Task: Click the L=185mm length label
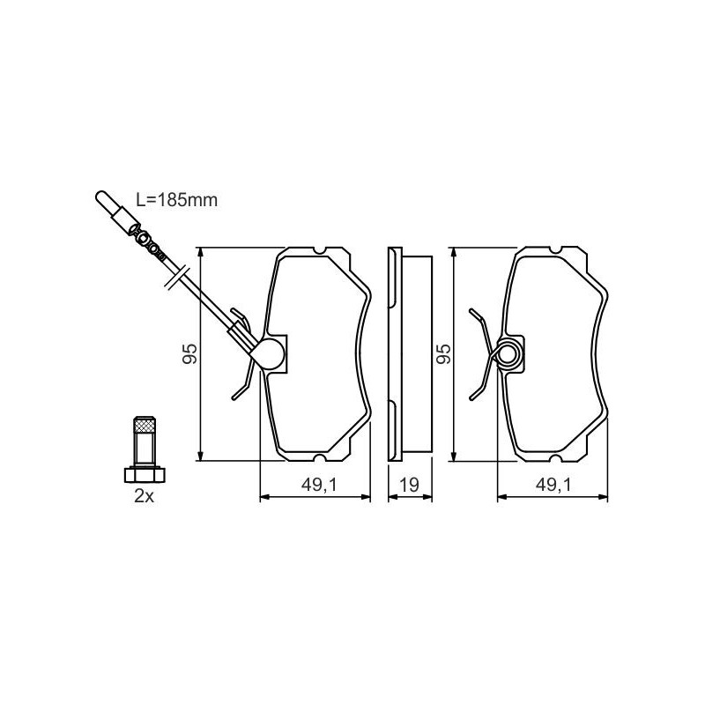(177, 200)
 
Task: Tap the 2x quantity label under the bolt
(144, 496)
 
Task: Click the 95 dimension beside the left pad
(189, 354)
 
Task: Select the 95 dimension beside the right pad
(444, 354)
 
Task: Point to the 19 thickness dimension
(410, 485)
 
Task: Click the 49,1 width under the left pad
(319, 485)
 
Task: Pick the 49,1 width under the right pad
(553, 485)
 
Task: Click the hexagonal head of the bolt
(145, 475)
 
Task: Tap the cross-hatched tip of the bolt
(145, 426)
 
